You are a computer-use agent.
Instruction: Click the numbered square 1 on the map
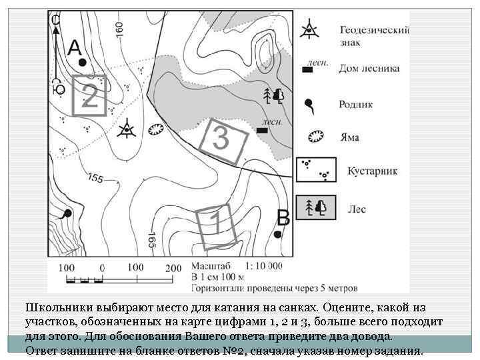click(x=215, y=225)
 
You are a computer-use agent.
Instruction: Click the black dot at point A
click(x=82, y=62)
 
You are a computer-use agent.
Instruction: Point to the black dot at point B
click(x=278, y=235)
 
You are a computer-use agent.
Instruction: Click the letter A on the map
click(x=75, y=47)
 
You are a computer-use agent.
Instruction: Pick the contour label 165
click(x=153, y=239)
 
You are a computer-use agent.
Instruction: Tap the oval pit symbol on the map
click(x=155, y=129)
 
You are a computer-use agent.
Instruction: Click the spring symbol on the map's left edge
click(x=66, y=214)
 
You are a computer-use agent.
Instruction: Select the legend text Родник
click(x=355, y=105)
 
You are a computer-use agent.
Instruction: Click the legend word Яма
click(x=349, y=137)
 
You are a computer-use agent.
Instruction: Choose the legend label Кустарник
click(x=372, y=171)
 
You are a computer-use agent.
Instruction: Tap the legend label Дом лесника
click(x=369, y=68)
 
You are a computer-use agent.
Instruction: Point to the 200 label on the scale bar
click(x=173, y=267)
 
